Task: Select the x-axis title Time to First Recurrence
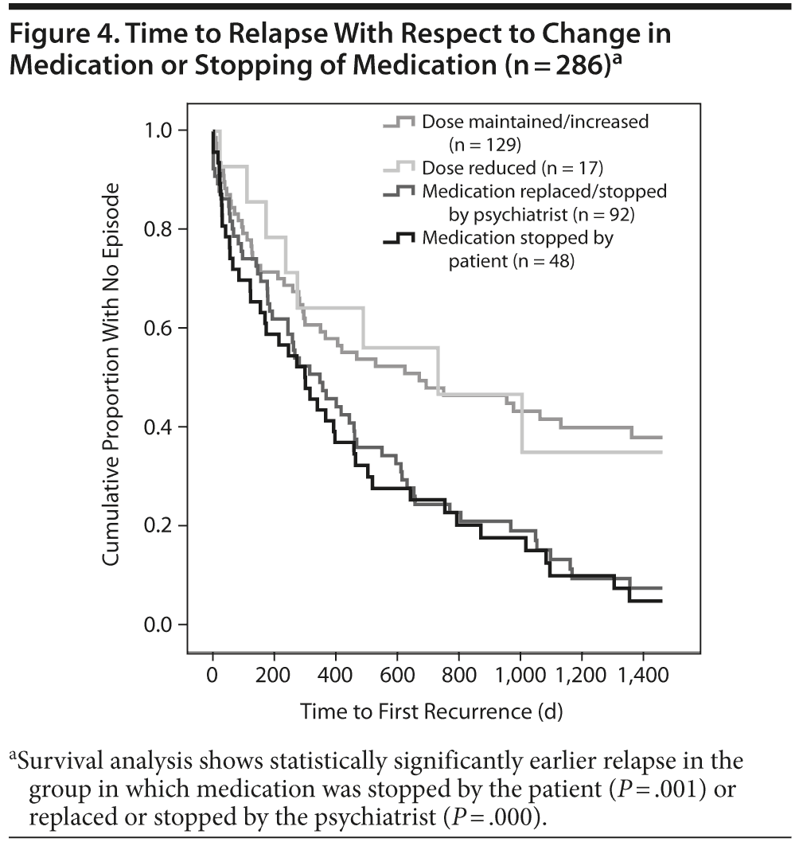[431, 711]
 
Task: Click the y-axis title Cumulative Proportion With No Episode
[111, 376]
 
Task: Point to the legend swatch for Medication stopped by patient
[398, 237]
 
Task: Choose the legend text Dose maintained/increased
[536, 122]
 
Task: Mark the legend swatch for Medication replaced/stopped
[398, 191]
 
